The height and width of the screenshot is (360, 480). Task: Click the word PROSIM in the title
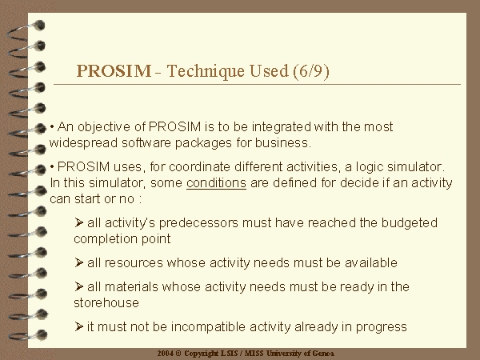point(114,71)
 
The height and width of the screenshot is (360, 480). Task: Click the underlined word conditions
point(216,183)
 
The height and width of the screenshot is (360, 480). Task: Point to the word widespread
point(83,143)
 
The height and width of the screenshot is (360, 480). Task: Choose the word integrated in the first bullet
point(282,127)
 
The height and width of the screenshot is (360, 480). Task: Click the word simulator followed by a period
point(416,167)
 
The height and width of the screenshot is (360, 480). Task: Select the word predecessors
point(198,223)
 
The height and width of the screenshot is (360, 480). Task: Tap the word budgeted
point(410,223)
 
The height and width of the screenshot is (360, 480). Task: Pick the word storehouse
point(106,302)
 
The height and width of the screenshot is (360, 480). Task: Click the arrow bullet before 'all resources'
point(78,262)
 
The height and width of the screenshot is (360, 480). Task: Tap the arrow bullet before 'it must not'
point(78,326)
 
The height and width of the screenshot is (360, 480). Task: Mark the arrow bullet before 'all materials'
point(78,286)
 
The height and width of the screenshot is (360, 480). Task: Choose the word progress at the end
point(381,327)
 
